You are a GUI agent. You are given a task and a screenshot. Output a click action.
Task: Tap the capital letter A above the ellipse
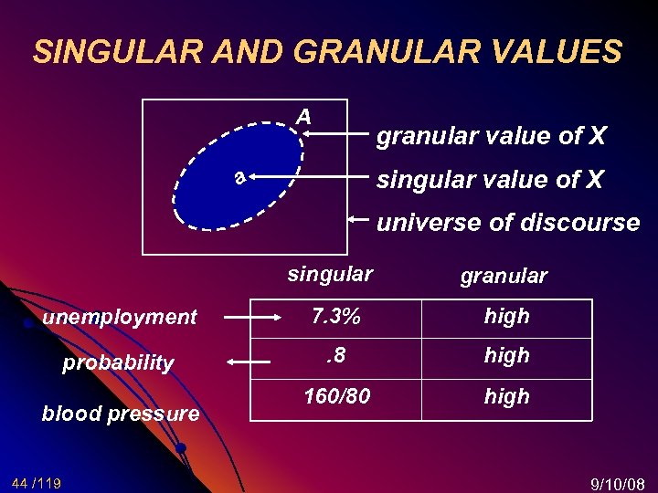[302, 117]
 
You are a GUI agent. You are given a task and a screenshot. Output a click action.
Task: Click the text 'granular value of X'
[492, 136]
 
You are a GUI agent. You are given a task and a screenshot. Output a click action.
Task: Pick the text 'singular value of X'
[490, 180]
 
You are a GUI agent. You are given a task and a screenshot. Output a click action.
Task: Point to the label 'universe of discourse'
[508, 222]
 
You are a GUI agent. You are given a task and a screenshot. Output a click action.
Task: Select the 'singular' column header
[330, 273]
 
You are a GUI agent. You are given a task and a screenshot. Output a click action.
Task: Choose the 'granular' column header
[504, 276]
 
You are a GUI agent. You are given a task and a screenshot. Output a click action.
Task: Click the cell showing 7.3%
[335, 316]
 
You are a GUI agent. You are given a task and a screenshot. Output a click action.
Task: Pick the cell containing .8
[335, 354]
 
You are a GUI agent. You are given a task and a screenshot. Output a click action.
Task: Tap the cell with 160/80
[335, 396]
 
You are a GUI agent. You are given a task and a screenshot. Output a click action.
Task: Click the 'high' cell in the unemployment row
[506, 316]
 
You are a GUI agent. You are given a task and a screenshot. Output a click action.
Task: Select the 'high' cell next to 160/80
[506, 396]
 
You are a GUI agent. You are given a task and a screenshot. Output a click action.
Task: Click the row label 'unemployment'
[120, 317]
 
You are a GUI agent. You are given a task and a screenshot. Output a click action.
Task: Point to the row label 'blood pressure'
[121, 414]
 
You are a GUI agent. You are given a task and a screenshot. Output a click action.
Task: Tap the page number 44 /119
[37, 482]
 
